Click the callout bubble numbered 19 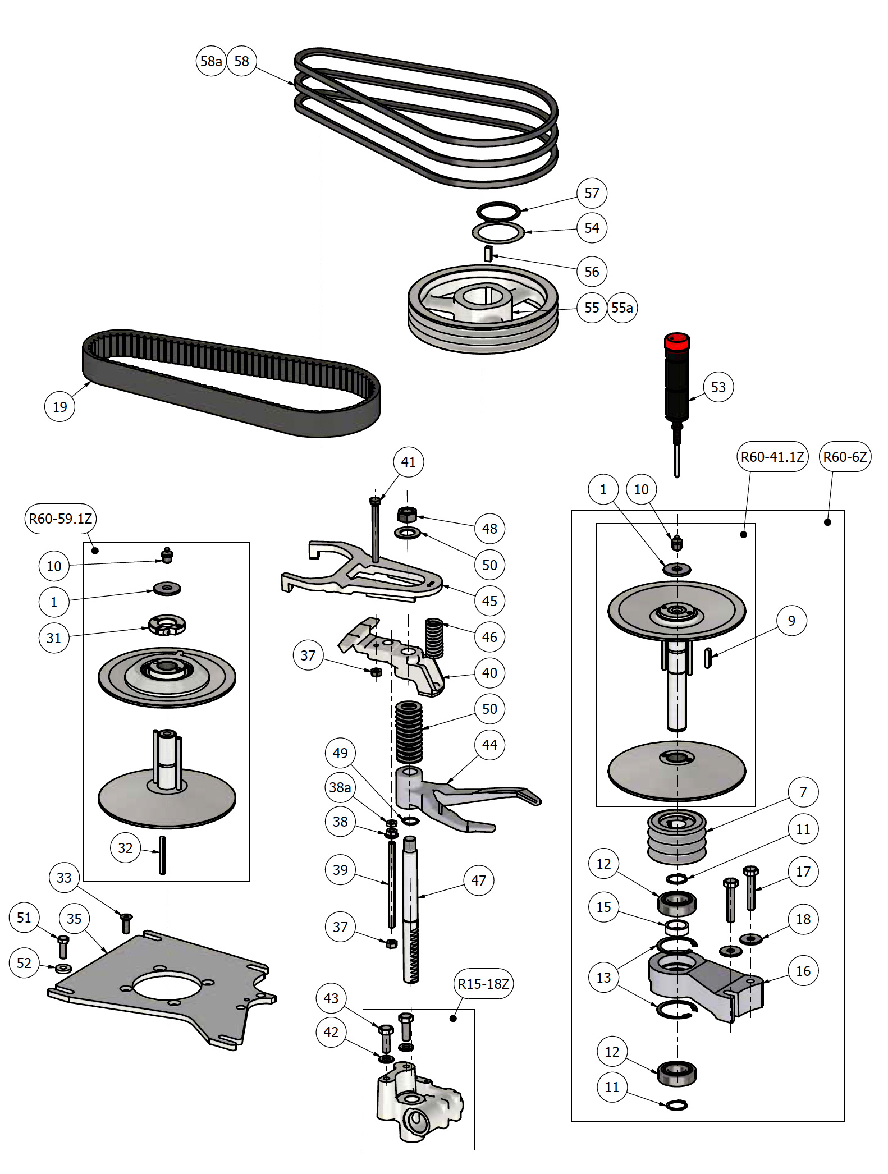pyautogui.click(x=59, y=407)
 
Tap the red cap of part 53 pyautogui.click(x=676, y=341)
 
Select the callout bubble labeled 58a pyautogui.click(x=211, y=61)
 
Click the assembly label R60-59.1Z pyautogui.click(x=61, y=519)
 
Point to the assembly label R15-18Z pyautogui.click(x=483, y=984)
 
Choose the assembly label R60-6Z pyautogui.click(x=845, y=457)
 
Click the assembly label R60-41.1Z pyautogui.click(x=772, y=457)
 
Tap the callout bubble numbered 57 pyautogui.click(x=592, y=193)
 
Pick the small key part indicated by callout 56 pyautogui.click(x=488, y=254)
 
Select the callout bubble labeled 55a pyautogui.click(x=622, y=308)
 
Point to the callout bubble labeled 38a pyautogui.click(x=340, y=787)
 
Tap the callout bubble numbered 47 pyautogui.click(x=478, y=880)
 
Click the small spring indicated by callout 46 pyautogui.click(x=434, y=637)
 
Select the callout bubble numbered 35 pyautogui.click(x=74, y=919)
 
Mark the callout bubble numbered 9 pyautogui.click(x=791, y=621)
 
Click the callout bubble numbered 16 pyautogui.click(x=803, y=971)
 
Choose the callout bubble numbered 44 pyautogui.click(x=489, y=745)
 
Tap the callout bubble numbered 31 pyautogui.click(x=54, y=638)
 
